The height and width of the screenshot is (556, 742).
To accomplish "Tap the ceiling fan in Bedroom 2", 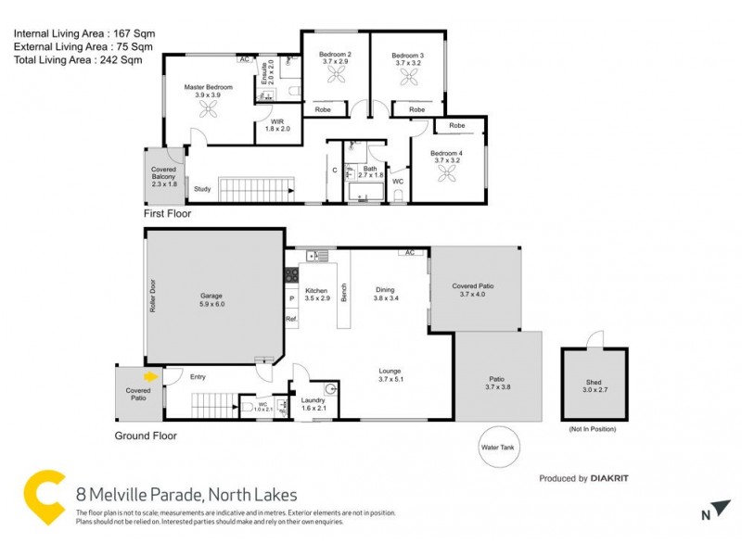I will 334,79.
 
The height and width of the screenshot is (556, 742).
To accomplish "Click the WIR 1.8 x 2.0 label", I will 277,125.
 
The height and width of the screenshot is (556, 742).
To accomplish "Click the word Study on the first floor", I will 201,191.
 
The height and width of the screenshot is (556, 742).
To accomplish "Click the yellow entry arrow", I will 150,376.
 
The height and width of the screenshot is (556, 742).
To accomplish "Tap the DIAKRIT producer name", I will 611,479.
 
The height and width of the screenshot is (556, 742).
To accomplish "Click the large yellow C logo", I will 45,499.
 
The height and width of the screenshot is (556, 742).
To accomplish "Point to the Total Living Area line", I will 78,60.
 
